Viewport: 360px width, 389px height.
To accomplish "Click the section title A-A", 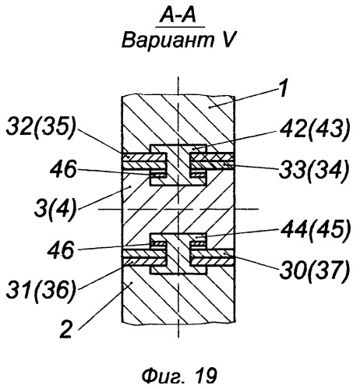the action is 178,16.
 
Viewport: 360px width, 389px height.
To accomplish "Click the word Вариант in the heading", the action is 168,41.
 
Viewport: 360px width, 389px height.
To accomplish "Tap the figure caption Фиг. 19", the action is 179,376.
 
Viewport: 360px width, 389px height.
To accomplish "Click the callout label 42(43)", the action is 315,129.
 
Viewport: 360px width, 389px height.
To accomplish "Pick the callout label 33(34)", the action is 313,170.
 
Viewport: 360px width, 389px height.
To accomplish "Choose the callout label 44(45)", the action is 315,230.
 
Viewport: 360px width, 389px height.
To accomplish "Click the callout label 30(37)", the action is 314,271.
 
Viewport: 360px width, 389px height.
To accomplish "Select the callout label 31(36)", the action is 41,290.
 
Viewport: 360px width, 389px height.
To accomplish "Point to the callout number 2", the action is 65,329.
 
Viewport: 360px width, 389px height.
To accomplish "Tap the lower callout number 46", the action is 61,249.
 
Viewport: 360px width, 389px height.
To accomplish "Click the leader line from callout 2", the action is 105,306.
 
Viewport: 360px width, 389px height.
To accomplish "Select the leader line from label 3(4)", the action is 104,197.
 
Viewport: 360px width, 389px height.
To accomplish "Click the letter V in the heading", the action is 227,41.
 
